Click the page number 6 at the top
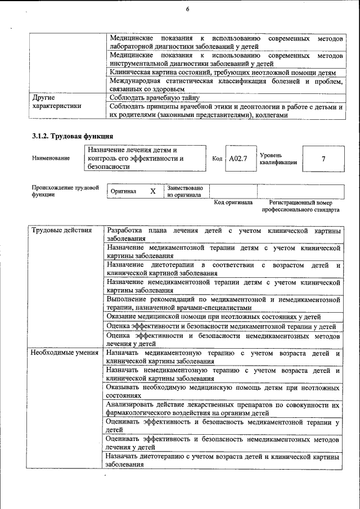point(187,10)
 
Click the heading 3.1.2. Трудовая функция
point(73,136)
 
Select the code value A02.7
point(238,159)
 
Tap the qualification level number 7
point(323,159)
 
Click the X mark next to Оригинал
point(152,191)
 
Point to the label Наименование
point(51,159)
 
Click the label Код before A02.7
point(217,159)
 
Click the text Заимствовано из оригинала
point(184,191)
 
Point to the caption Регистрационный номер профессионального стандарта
point(300,206)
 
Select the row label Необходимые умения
point(65,353)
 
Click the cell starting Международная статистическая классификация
point(226,85)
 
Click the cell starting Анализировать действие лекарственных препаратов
point(223,408)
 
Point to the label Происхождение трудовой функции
point(65,191)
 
